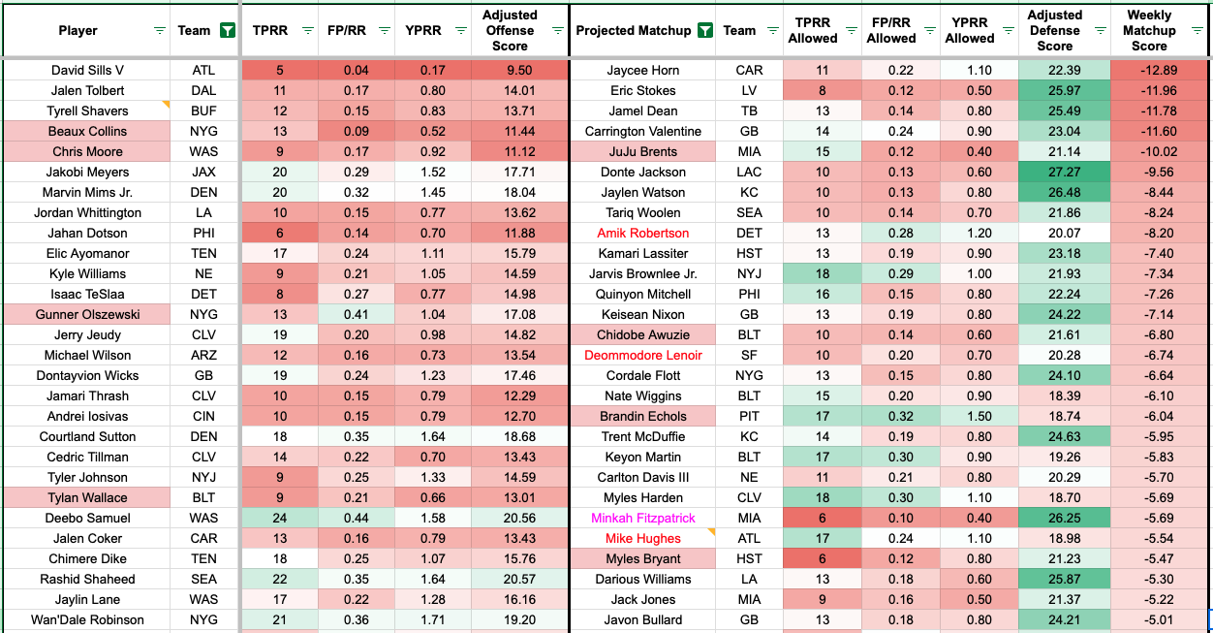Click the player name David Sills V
click(87, 70)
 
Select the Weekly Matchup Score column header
click(1149, 30)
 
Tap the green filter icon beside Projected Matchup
click(704, 30)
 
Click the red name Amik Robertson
click(643, 233)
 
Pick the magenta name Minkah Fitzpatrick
click(643, 518)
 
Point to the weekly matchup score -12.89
click(1149, 70)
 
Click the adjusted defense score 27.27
click(1055, 172)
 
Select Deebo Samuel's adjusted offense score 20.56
click(510, 518)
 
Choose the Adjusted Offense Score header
click(510, 30)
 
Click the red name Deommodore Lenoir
click(643, 355)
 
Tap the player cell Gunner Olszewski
click(87, 314)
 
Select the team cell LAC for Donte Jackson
click(748, 172)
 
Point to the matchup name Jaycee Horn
click(643, 70)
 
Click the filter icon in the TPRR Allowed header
click(852, 30)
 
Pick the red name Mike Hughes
click(643, 538)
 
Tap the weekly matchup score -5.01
click(1149, 619)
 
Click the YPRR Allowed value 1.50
click(969, 416)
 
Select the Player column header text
click(78, 30)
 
